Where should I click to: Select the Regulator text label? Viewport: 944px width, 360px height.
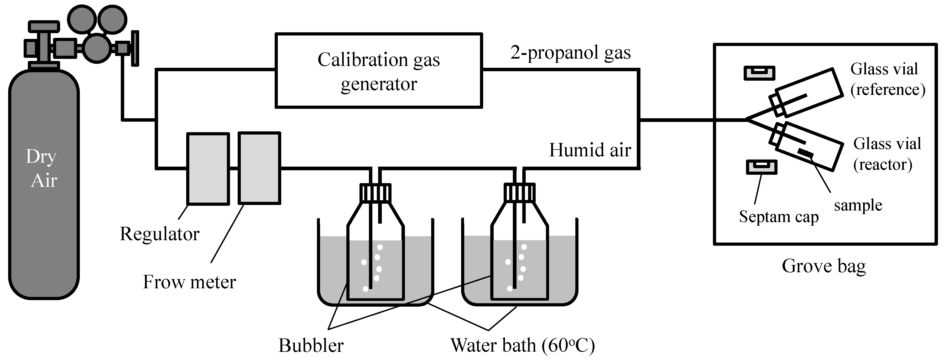(x=160, y=234)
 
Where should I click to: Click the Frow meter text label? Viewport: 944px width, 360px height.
(x=189, y=282)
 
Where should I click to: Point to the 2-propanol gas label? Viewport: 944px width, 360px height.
(x=570, y=53)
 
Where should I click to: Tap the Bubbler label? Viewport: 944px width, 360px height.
(x=311, y=345)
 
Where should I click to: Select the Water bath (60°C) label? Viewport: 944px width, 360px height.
(x=522, y=345)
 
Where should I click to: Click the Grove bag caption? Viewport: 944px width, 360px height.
(x=823, y=266)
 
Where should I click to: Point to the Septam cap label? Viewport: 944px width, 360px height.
(x=778, y=217)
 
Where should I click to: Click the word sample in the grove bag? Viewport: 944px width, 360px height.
(x=858, y=205)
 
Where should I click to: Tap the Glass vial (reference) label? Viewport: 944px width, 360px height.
(x=887, y=79)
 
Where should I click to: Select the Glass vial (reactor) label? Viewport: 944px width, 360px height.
(x=887, y=154)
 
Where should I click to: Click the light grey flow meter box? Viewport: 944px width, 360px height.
(x=259, y=168)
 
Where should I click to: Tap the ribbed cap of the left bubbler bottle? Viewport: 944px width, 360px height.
(x=375, y=192)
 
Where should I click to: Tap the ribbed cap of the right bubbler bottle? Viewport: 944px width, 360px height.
(x=519, y=192)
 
